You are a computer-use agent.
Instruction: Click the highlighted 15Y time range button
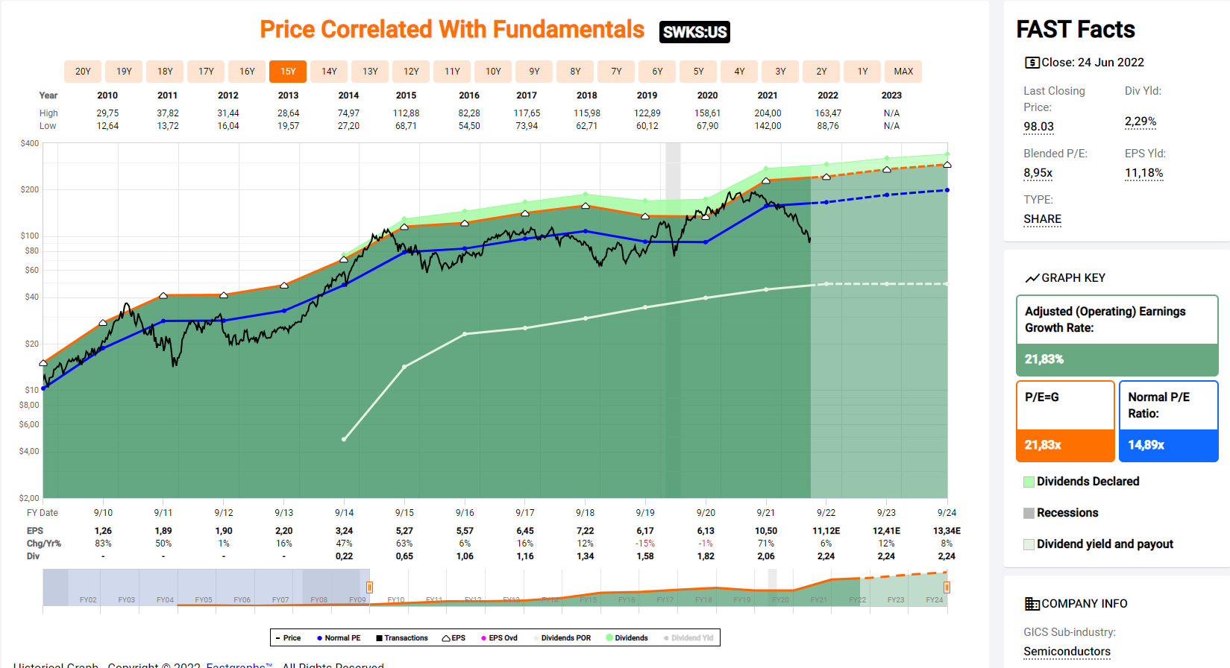click(288, 72)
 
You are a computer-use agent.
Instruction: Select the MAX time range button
click(903, 72)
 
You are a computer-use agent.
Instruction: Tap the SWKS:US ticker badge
click(694, 32)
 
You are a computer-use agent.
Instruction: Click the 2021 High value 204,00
click(768, 113)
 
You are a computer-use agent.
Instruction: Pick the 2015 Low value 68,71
click(406, 126)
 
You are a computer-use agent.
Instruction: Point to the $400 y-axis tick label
click(30, 143)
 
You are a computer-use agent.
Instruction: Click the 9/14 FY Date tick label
click(344, 513)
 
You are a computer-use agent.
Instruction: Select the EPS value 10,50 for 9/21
click(766, 531)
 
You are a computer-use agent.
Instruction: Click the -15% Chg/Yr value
click(645, 543)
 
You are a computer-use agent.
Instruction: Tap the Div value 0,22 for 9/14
click(344, 556)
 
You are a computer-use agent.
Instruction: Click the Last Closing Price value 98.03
click(1038, 127)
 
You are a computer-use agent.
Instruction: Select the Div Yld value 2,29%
click(1140, 122)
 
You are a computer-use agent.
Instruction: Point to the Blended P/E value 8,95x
click(1038, 173)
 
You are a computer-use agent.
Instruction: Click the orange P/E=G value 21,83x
click(1043, 445)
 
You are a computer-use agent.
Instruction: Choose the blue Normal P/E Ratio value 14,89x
click(1146, 445)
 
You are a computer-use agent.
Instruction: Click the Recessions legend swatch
click(1029, 513)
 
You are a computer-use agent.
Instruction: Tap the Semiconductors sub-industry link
click(1067, 652)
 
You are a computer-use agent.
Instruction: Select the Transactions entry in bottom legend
click(402, 638)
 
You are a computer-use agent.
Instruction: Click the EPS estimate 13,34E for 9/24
click(947, 531)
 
